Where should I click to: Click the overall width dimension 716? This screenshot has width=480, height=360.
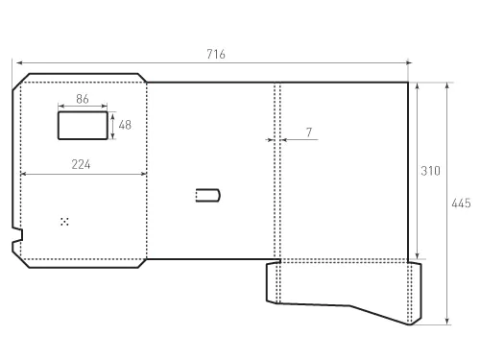point(216,54)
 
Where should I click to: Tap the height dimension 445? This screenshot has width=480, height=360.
point(461,204)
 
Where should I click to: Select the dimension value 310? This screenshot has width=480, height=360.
point(430,171)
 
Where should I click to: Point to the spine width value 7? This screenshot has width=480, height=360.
point(309,132)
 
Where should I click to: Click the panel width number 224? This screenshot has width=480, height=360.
point(81,164)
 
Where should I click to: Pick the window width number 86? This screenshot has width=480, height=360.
point(83,99)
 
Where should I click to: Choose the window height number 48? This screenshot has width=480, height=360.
point(125,125)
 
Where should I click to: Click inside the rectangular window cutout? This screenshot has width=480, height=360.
point(83,126)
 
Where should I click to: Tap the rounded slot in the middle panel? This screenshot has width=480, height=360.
point(207,195)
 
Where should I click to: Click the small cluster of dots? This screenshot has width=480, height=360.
point(64,222)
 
